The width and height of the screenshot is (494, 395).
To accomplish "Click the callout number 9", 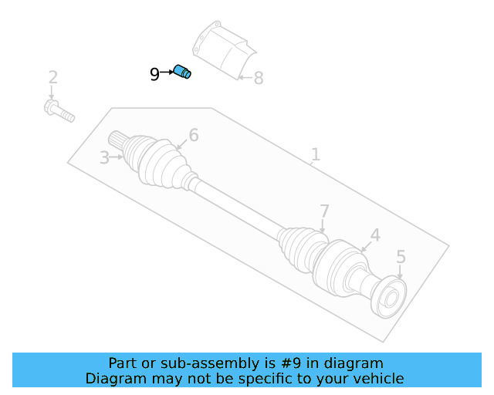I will pos(154,74).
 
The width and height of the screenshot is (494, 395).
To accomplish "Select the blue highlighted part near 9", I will pos(182,72).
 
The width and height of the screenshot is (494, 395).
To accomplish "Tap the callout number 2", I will pos(52,77).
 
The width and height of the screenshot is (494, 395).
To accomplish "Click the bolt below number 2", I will pos(59,110).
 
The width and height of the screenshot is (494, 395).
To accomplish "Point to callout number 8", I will pos(258,78).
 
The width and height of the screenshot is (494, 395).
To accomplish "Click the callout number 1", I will pos(315,154).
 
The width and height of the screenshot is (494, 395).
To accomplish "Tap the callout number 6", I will pos(193,136).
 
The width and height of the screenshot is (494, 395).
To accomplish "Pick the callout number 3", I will pos(104,158).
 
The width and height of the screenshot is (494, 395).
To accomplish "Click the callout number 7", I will pos(324,211).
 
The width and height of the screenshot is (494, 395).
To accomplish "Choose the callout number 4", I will pos(374,235).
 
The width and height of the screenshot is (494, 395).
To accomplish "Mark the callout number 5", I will pos(401,256).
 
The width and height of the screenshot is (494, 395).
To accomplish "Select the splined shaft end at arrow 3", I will pos(118,140).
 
